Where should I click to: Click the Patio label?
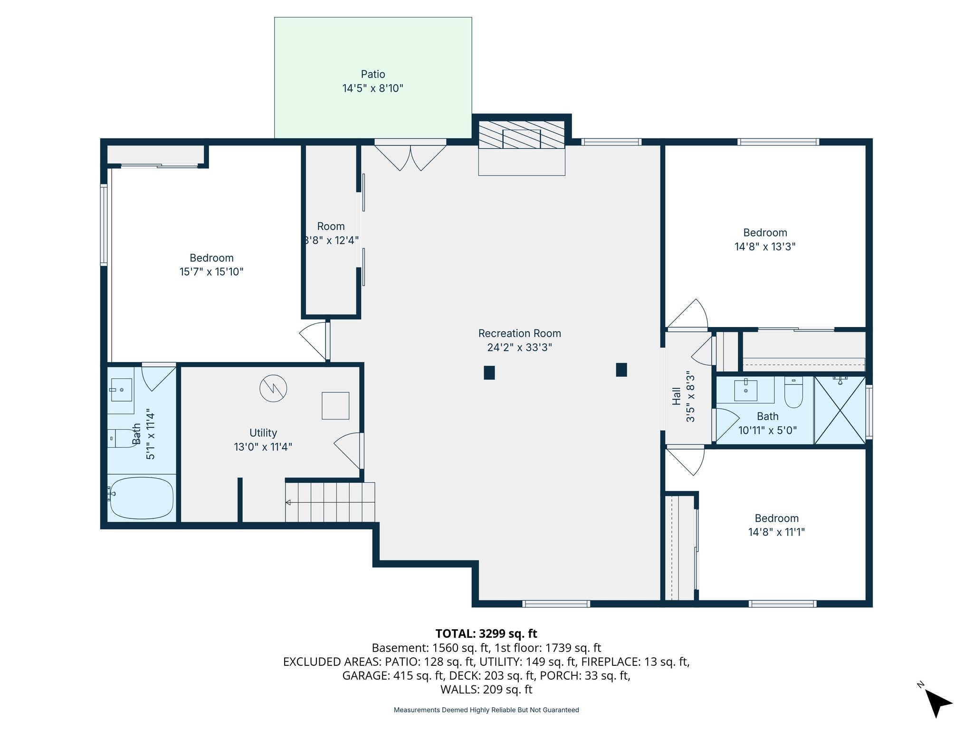[x=373, y=74]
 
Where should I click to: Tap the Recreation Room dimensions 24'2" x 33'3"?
[x=519, y=347]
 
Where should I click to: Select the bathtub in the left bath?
[x=141, y=498]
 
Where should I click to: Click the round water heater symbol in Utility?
[x=273, y=388]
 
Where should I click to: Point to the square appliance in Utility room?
[x=335, y=405]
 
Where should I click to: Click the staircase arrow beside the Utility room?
[x=288, y=502]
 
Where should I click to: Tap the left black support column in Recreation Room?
[x=489, y=373]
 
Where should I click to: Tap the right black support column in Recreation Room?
[x=621, y=370]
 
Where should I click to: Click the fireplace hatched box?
[x=521, y=135]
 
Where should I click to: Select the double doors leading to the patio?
[x=410, y=157]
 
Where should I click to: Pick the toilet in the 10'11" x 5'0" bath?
[x=793, y=393]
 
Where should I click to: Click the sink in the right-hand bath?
[x=745, y=390]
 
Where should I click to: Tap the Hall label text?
[x=677, y=396]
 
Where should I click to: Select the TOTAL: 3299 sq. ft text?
[x=486, y=634]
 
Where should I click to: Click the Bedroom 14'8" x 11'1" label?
[x=776, y=519]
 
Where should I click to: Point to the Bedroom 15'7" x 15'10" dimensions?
[x=211, y=272]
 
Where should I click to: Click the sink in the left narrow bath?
[x=121, y=390]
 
